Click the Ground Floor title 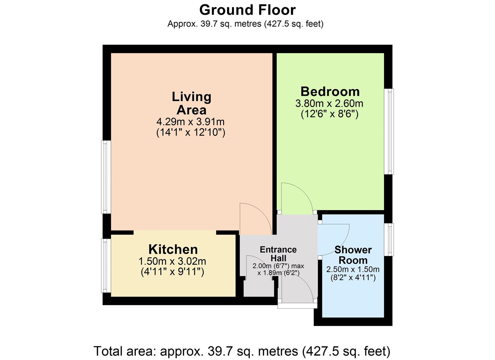click(247, 10)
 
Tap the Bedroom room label click(330, 91)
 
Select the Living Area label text click(191, 103)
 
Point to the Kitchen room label click(173, 249)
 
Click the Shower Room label click(353, 255)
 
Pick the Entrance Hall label click(278, 254)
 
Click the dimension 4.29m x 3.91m click(191, 122)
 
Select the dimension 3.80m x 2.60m click(329, 104)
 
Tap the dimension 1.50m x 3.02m click(172, 261)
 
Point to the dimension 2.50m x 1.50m click(353, 269)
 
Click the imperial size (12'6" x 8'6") click(329, 114)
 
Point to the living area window click(106, 177)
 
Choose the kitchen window click(106, 265)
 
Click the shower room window click(389, 240)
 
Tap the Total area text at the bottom click(242, 351)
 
